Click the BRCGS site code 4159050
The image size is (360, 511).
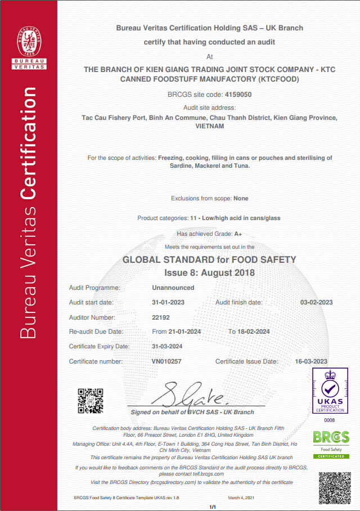pyautogui.click(x=238, y=95)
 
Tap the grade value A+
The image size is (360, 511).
pyautogui.click(x=238, y=234)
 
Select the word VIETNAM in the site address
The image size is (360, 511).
pyautogui.click(x=209, y=126)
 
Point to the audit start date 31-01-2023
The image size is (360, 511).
pyautogui.click(x=168, y=302)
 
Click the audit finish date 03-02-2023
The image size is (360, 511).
pyautogui.click(x=316, y=302)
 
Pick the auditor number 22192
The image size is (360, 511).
pyautogui.click(x=161, y=317)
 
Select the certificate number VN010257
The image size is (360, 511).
pyautogui.click(x=166, y=361)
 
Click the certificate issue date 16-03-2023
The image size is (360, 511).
pyautogui.click(x=311, y=361)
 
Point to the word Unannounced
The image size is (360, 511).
pyautogui.click(x=173, y=288)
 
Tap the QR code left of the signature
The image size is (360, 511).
pyautogui.click(x=90, y=401)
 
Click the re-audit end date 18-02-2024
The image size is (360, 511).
pyautogui.click(x=254, y=331)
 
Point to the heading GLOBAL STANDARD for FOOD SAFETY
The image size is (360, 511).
pyautogui.click(x=209, y=260)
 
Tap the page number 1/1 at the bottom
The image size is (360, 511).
pyautogui.click(x=213, y=507)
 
